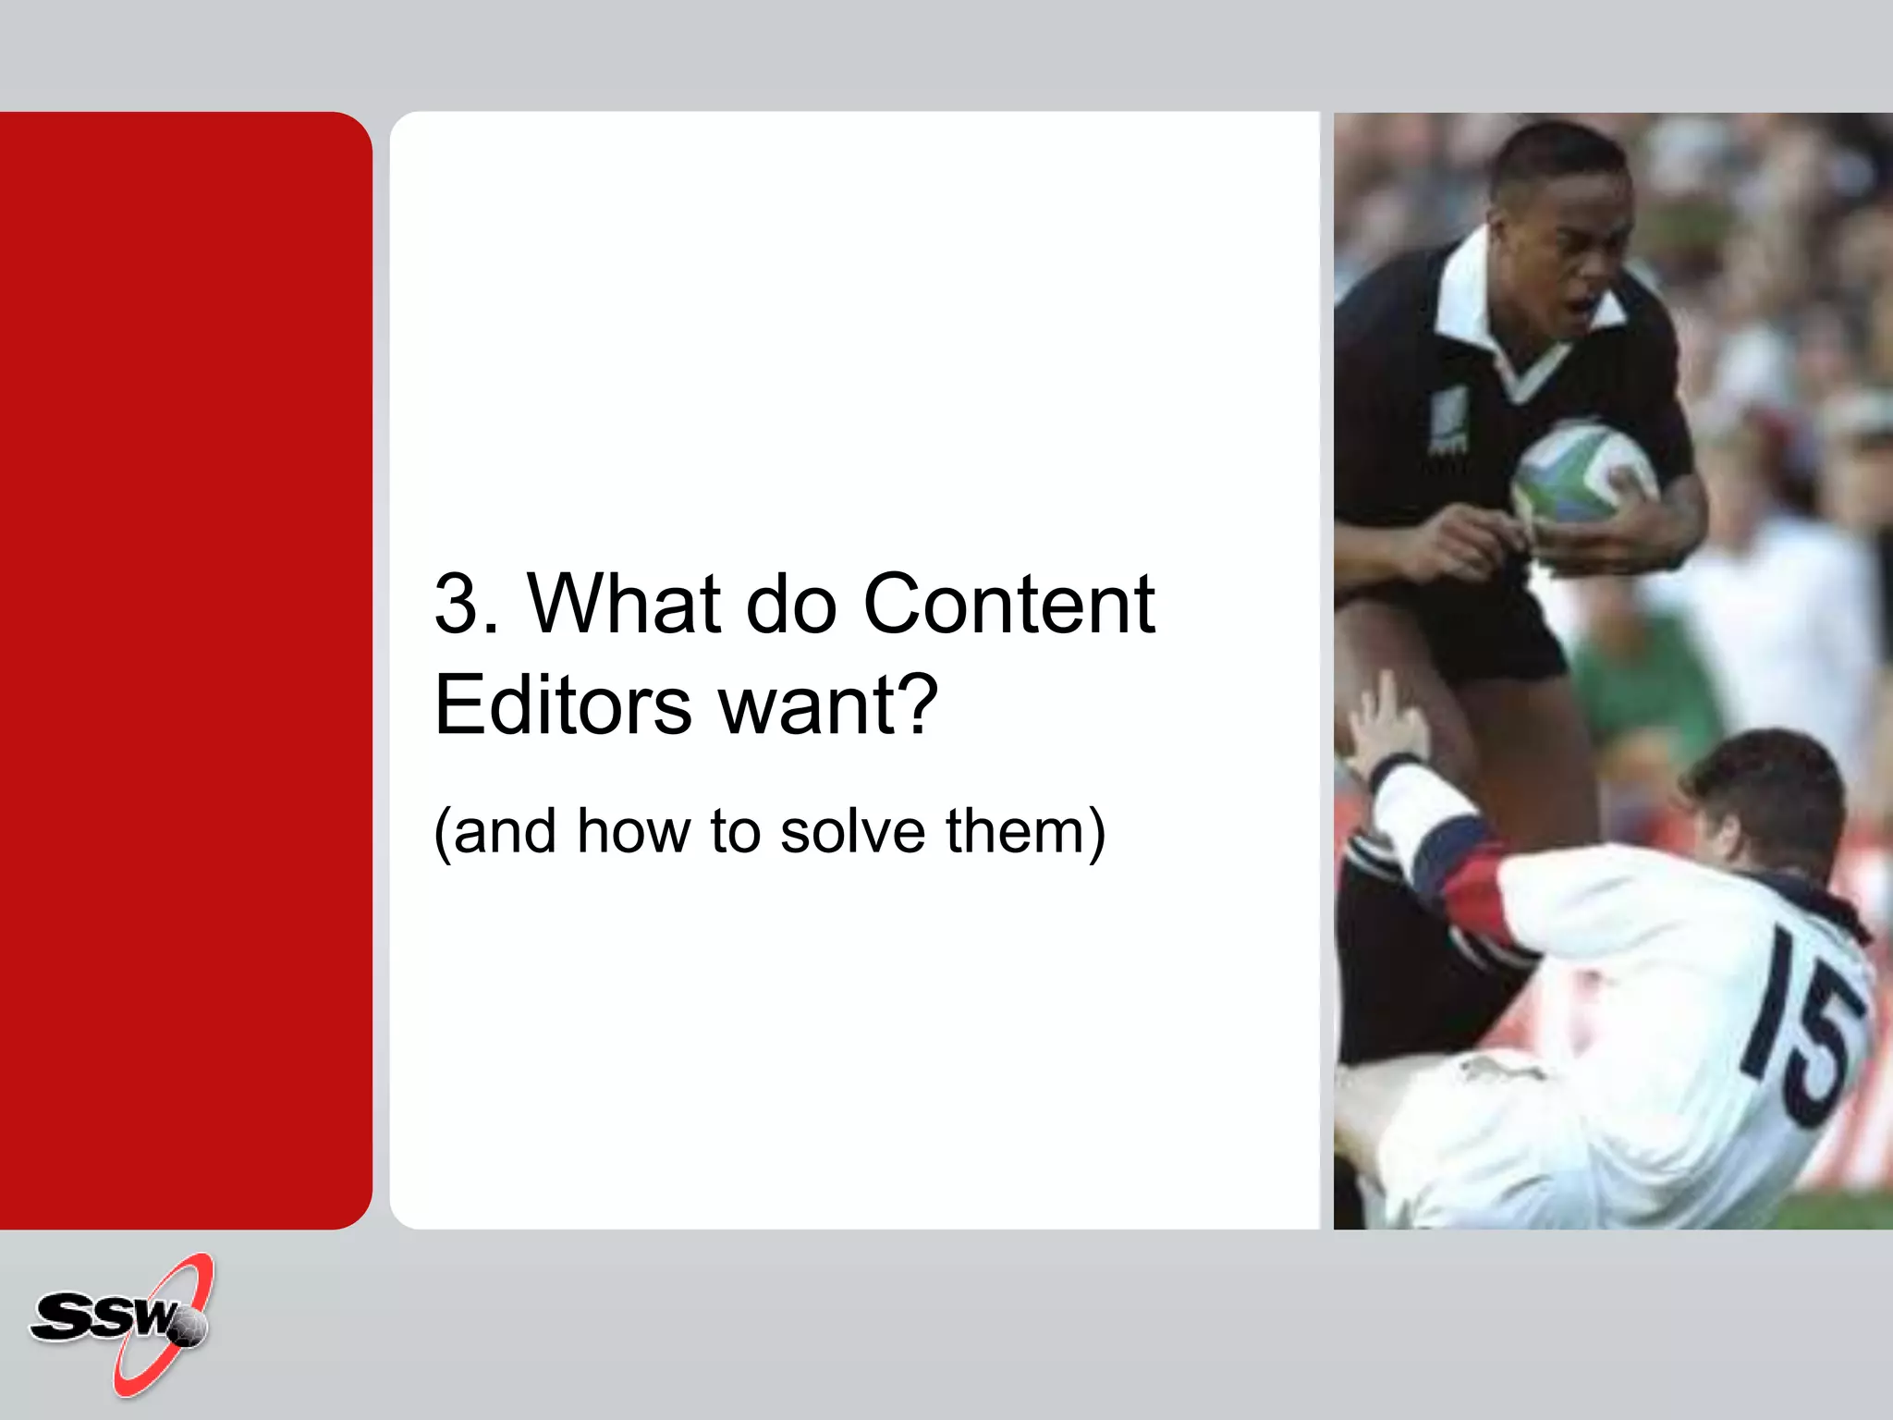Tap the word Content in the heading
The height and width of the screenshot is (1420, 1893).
pyautogui.click(x=1008, y=605)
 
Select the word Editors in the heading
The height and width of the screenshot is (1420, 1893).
pyautogui.click(x=562, y=705)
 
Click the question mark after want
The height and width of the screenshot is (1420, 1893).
pyautogui.click(x=917, y=704)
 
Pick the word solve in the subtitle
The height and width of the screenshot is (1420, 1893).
pyautogui.click(x=852, y=831)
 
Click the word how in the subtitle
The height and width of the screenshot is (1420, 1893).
pyautogui.click(x=633, y=831)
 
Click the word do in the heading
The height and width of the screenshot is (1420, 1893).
pyautogui.click(x=790, y=605)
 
